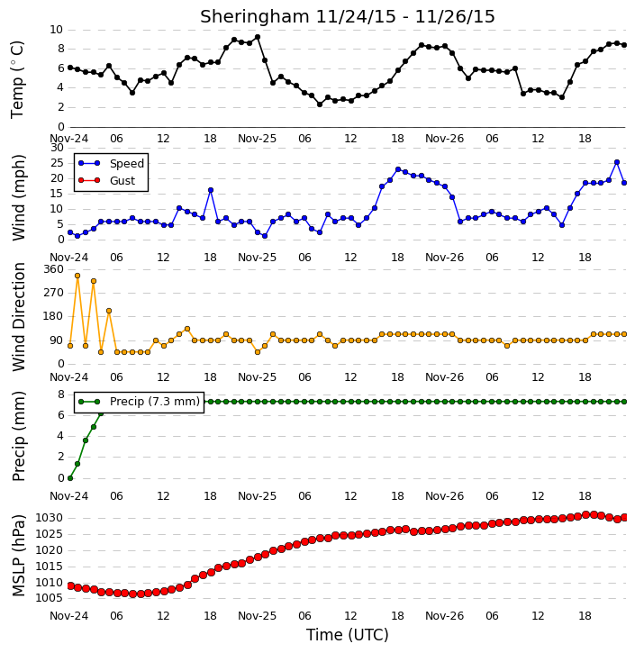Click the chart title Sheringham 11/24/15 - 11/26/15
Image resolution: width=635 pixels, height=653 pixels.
(348, 16)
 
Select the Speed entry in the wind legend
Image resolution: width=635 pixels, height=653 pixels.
(111, 163)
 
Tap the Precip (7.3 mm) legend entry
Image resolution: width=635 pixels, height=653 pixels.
(139, 402)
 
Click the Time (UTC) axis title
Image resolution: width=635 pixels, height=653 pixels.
(348, 635)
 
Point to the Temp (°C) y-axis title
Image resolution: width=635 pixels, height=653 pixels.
(17, 79)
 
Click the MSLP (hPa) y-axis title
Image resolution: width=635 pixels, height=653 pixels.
(18, 555)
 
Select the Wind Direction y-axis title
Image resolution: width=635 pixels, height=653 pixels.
(18, 316)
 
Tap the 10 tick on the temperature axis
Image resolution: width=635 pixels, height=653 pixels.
(56, 30)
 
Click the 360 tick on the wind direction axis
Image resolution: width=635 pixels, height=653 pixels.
(54, 269)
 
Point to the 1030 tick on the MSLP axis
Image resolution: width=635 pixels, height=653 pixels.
(50, 518)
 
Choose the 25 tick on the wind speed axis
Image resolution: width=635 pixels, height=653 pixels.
(57, 163)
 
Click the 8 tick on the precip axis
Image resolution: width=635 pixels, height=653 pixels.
(60, 394)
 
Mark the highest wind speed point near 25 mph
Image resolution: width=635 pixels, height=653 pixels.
(617, 162)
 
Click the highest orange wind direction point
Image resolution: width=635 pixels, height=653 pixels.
(77, 276)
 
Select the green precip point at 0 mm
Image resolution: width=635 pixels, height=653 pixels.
(70, 478)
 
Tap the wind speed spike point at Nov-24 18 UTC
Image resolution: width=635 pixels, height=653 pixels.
(211, 190)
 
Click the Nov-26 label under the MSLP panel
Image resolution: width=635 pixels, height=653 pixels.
(444, 615)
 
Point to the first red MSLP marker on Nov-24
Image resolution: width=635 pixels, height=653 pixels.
(70, 586)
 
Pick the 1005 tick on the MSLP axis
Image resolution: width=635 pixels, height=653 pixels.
(50, 598)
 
